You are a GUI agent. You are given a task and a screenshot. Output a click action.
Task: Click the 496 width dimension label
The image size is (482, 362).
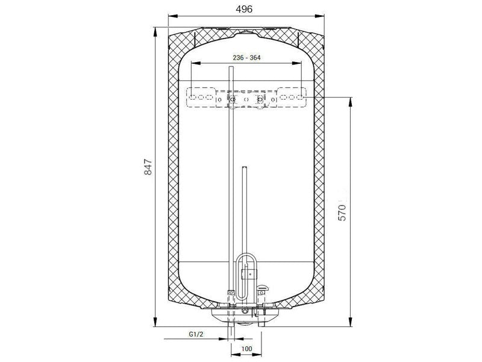pos(244,9)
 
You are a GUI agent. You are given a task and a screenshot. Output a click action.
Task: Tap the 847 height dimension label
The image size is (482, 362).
pos(148,167)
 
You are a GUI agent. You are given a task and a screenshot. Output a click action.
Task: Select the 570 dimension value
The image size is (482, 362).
pos(342,212)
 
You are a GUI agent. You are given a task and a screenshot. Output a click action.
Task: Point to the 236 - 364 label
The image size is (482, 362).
pos(246,57)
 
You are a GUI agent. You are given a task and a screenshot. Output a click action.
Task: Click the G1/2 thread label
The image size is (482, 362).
pos(196,334)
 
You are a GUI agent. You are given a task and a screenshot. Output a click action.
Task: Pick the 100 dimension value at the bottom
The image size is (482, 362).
pos(246,349)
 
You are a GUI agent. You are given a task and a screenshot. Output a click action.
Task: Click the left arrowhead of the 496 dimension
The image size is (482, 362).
pos(173,16)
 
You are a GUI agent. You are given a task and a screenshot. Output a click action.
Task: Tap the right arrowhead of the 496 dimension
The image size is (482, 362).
pos(320,16)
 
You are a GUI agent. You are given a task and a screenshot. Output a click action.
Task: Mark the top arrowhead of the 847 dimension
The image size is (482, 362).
pos(155,32)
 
